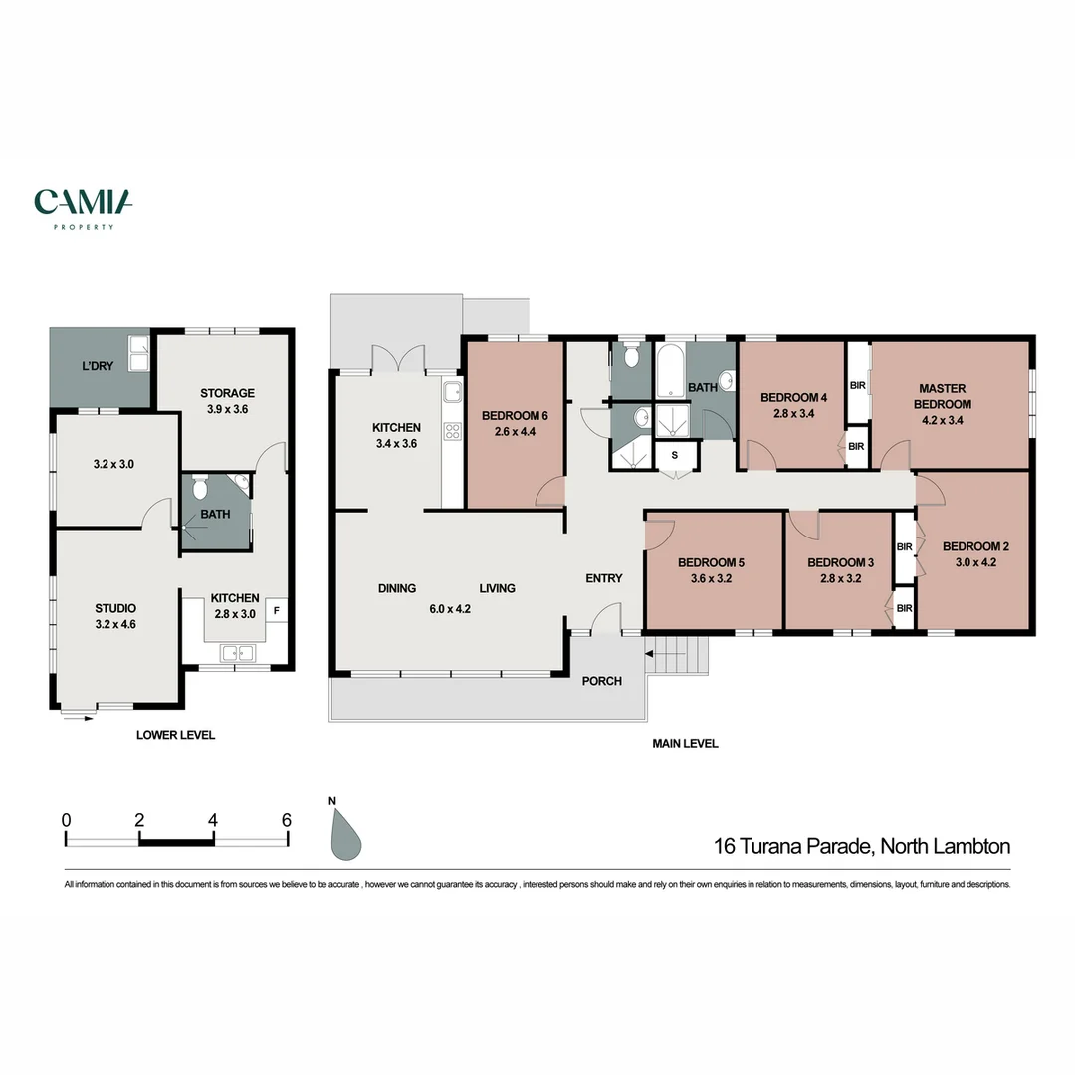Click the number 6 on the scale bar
pos(287,821)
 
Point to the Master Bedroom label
pos(944,396)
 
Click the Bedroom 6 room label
pos(515,416)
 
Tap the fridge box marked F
pos(277,610)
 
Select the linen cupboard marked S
pos(676,455)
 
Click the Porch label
pos(602,681)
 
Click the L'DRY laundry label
pos(98,366)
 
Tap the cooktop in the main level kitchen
pos(453,431)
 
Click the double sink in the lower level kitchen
pos(237,653)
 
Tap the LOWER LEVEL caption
pos(175,735)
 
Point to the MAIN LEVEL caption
pos(685,743)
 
